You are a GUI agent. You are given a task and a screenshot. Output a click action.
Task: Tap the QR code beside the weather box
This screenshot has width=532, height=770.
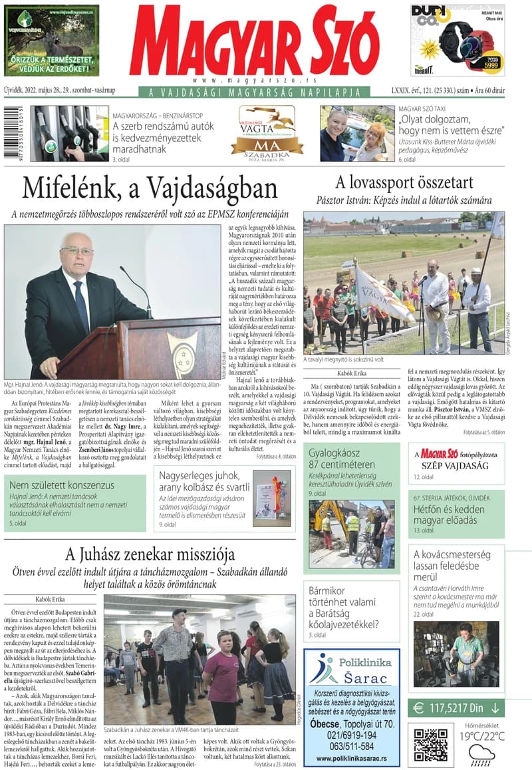point(430,745)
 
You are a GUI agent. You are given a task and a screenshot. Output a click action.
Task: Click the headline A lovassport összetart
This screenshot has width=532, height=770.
point(404,182)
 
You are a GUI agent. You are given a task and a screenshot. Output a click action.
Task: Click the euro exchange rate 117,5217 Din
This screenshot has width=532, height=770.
point(456,708)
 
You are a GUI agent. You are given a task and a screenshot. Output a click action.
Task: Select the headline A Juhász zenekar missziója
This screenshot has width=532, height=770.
point(150,554)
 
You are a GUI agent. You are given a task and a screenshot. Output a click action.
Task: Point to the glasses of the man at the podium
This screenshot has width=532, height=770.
point(77,250)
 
